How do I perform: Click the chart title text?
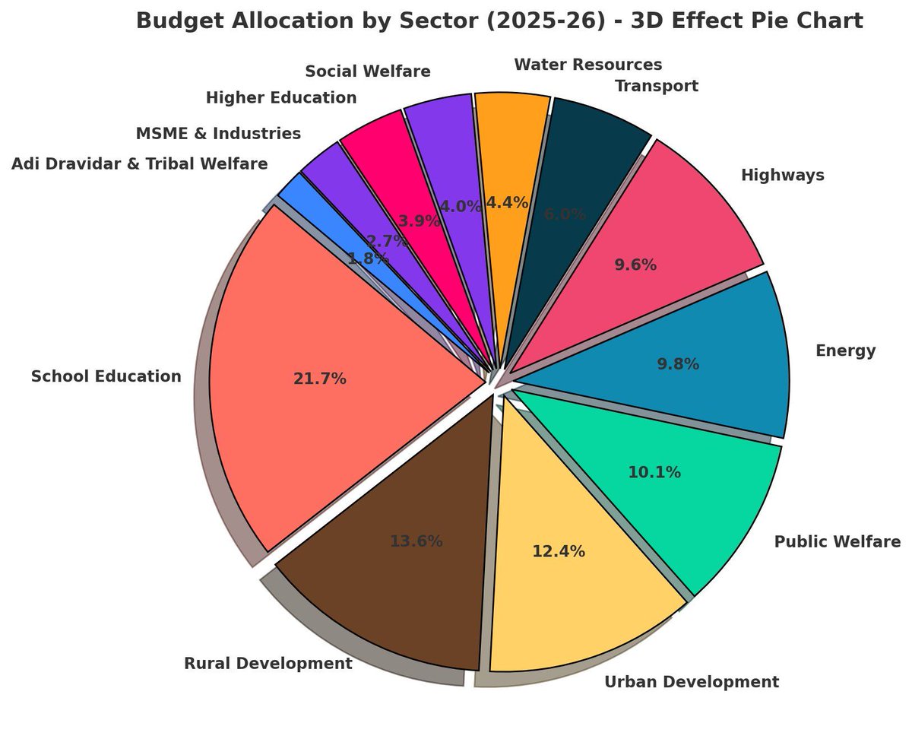(499, 21)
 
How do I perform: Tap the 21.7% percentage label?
(319, 379)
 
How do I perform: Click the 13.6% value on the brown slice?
(416, 541)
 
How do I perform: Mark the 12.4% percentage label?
(558, 551)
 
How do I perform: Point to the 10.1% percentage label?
(654, 472)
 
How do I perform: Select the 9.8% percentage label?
(677, 364)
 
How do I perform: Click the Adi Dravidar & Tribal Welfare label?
(139, 163)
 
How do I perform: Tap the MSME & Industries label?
(218, 134)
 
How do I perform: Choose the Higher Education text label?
(280, 97)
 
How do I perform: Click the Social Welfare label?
(367, 71)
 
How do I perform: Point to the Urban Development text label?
(691, 682)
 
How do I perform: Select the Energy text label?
(845, 350)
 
